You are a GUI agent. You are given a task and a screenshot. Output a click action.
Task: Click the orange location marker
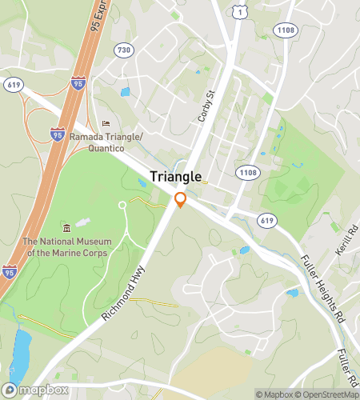pos(181,200)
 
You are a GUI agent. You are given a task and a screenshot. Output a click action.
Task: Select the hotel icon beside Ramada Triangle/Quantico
pos(106,124)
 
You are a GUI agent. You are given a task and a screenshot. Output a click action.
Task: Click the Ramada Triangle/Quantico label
pos(106,142)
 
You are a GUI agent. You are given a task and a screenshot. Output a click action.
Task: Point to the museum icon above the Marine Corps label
pos(66,228)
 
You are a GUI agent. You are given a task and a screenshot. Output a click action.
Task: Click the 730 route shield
pos(123,50)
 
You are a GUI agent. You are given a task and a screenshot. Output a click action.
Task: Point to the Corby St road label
pos(207,106)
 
